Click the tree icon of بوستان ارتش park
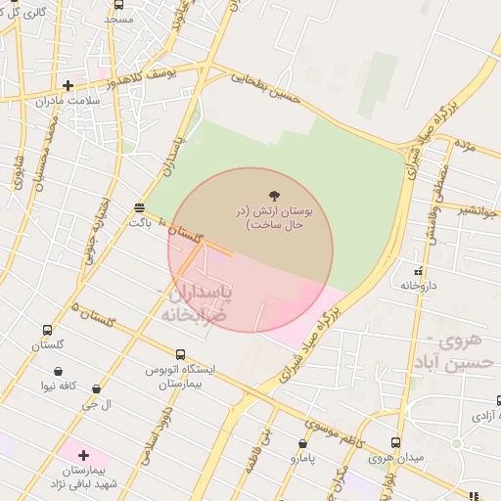pos(272,199)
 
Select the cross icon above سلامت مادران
pos(68,85)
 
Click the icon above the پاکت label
pos(139,207)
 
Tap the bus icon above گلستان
pos(47,331)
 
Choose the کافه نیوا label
pos(60,386)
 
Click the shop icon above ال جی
pos(95,389)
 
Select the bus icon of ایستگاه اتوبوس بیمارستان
pos(180,354)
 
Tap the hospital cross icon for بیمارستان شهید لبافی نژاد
pos(83,455)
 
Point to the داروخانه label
pos(418,285)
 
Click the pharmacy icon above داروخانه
pos(418,271)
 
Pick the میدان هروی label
pos(395,457)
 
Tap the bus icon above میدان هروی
pos(395,442)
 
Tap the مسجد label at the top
pos(119,19)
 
